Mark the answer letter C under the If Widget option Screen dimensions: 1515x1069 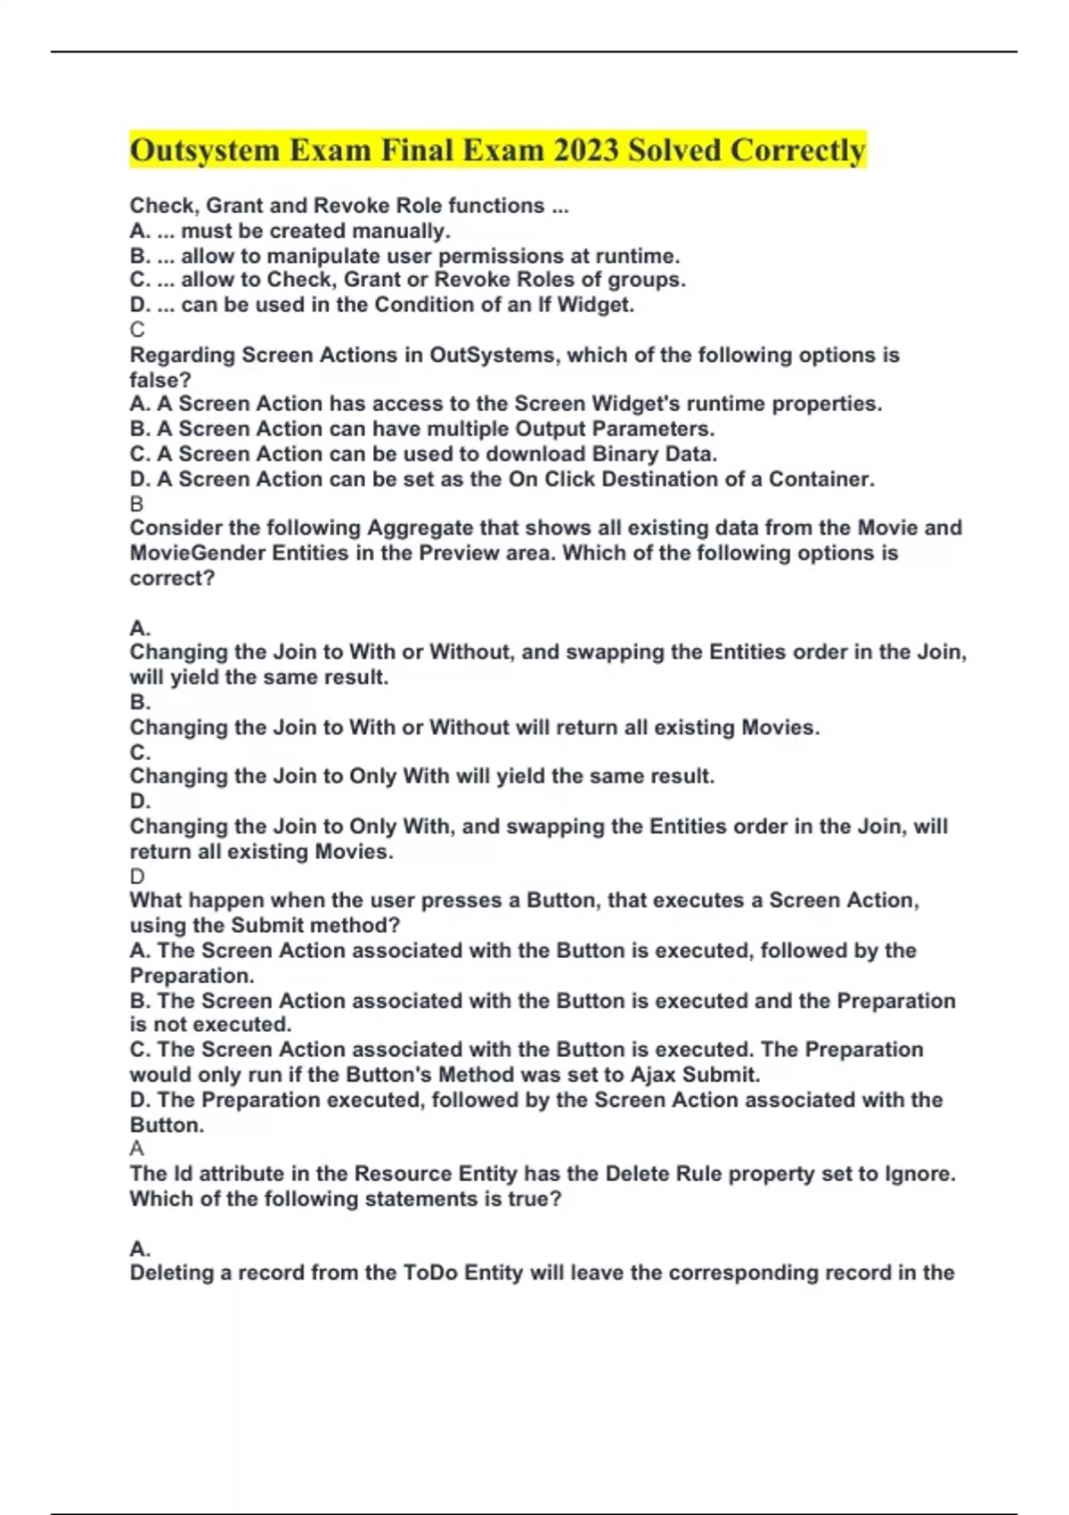(137, 330)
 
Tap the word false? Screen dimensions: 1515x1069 (160, 381)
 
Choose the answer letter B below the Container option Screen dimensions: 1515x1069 (137, 504)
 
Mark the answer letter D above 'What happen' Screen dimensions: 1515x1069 (137, 877)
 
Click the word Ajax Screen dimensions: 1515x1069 (631, 1075)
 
